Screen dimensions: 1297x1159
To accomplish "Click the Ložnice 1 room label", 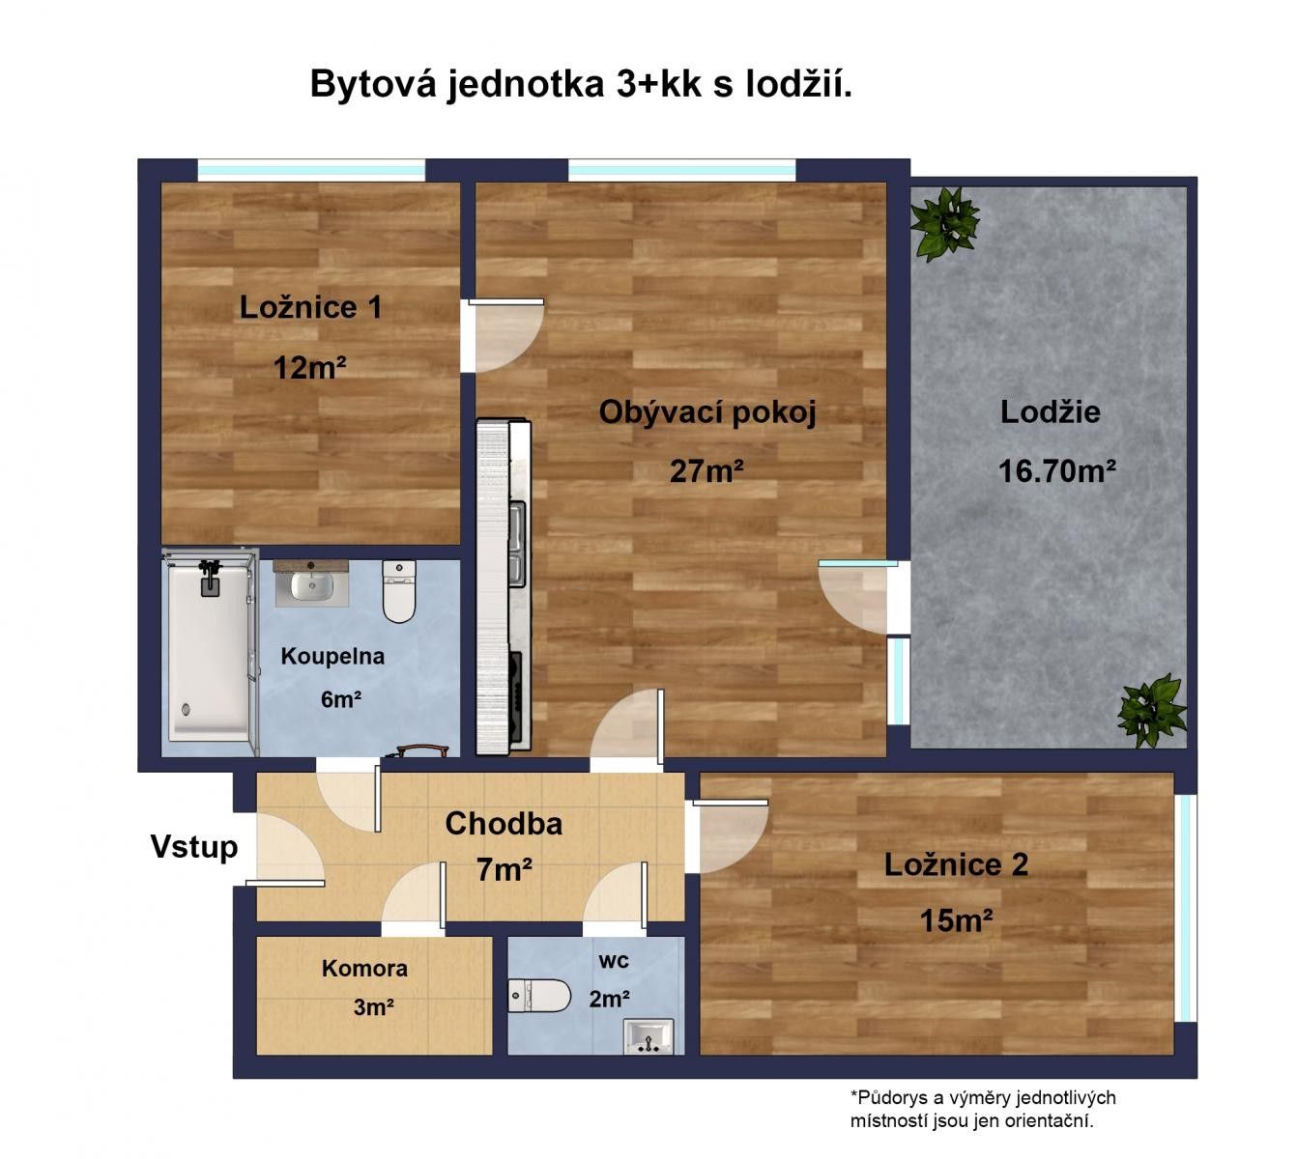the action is tap(310, 307).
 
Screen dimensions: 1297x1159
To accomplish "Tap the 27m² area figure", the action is tap(706, 471).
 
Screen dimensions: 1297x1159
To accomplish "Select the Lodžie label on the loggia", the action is tap(1050, 411).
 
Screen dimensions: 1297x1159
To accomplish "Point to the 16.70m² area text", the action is tap(1057, 471).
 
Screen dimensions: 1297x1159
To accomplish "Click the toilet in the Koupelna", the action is tap(399, 591).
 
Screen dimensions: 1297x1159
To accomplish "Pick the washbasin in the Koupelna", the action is tap(312, 583).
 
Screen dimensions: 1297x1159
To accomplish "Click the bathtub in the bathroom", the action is tap(209, 651).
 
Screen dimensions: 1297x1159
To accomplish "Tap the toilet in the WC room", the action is tap(539, 997).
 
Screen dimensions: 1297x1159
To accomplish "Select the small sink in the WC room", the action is tap(648, 1036).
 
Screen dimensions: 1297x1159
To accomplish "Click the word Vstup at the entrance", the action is tap(194, 847).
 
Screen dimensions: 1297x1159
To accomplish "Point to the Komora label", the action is tap(364, 969).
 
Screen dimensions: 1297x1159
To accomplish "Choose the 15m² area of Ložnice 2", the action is tap(956, 921).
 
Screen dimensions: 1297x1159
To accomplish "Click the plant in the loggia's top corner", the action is tap(945, 223).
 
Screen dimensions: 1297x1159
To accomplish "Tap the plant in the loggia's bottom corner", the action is tap(1152, 711).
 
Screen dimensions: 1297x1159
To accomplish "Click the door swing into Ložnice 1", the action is tap(502, 335).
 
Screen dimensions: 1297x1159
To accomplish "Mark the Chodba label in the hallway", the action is tap(504, 824).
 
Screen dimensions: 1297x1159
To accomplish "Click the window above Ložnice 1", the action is tap(311, 170).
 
